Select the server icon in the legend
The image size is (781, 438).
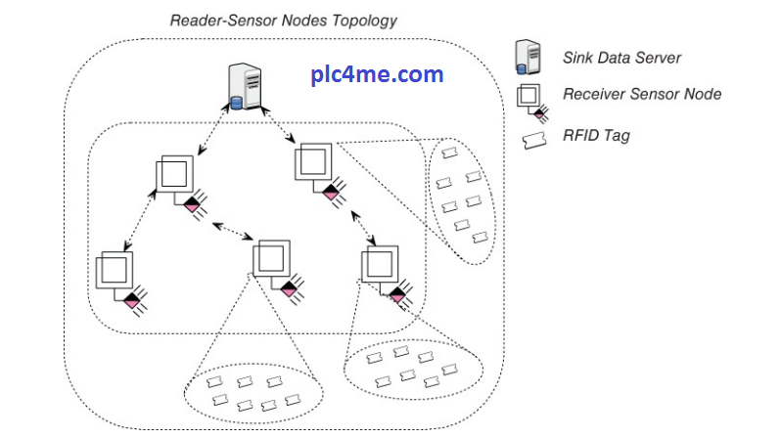click(530, 56)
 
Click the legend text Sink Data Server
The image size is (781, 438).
click(621, 58)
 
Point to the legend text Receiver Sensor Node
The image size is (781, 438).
click(642, 95)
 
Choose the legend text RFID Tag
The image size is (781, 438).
click(596, 135)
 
